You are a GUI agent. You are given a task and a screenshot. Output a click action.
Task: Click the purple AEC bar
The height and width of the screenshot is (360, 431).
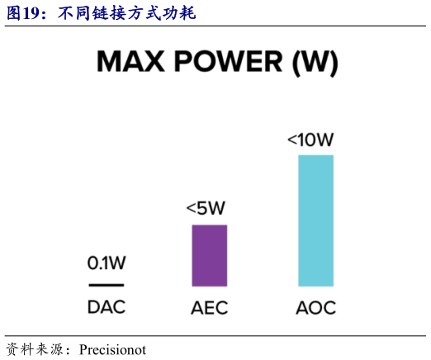[x=210, y=255]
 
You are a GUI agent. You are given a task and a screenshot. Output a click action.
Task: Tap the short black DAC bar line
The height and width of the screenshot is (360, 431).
[x=107, y=285]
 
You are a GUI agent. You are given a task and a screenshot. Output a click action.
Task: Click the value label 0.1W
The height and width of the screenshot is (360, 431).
[x=107, y=263]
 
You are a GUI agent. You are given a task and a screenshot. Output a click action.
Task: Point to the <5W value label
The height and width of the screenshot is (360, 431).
[x=206, y=208]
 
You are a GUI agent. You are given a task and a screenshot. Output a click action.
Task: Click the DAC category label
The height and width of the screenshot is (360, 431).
[x=107, y=309]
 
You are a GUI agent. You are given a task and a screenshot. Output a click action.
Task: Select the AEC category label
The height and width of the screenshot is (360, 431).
[x=209, y=310]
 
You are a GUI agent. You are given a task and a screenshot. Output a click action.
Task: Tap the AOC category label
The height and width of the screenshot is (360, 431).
[x=315, y=310]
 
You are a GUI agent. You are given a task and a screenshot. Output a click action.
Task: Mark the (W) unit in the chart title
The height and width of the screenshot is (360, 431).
[x=315, y=63]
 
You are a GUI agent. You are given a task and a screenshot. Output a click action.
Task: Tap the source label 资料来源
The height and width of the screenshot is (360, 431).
[x=32, y=348]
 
